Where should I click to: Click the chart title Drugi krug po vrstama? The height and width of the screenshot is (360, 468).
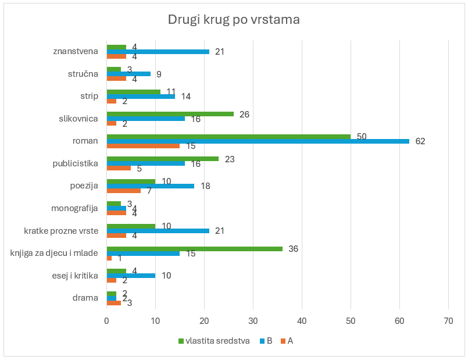click(x=234, y=20)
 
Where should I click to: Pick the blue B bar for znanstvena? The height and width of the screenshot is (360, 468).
click(x=158, y=52)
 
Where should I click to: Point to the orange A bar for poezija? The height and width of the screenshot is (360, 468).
click(x=124, y=191)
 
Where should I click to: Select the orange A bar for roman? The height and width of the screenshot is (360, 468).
click(x=143, y=146)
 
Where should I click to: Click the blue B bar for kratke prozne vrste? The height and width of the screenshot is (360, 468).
click(x=158, y=231)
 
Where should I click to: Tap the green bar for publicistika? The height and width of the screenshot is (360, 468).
click(x=162, y=159)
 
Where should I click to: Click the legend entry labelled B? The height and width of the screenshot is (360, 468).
click(x=269, y=341)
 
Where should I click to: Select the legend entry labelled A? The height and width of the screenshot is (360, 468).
click(x=290, y=341)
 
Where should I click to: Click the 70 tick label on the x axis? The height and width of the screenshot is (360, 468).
click(x=448, y=320)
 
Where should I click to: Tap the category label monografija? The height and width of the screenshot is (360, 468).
click(x=75, y=208)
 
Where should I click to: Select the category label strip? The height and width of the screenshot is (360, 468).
click(x=89, y=96)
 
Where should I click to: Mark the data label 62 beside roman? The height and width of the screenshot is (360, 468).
click(x=420, y=141)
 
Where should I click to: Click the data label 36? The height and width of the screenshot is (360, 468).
click(x=294, y=249)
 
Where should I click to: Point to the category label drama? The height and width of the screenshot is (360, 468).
click(x=85, y=298)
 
